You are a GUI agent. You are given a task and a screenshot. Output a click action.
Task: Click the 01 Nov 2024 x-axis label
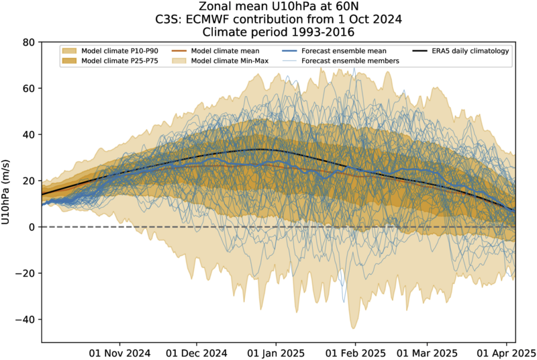[119, 352]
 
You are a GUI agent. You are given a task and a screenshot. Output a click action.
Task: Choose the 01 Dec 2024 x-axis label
[197, 352]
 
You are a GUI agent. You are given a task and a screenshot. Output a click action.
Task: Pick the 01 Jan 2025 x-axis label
[276, 352]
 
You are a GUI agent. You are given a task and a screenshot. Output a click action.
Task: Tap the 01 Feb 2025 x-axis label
[355, 352]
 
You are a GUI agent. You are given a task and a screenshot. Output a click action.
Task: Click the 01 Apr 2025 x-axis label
[505, 352]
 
